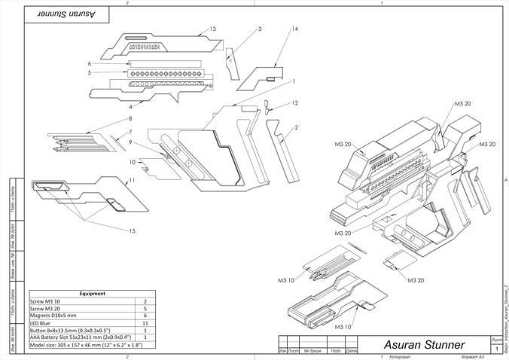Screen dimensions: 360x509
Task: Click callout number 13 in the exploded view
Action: (213, 29)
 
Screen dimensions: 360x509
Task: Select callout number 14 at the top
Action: (294, 29)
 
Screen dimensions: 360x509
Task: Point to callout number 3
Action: (259, 29)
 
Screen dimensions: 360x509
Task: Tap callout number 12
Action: (295, 102)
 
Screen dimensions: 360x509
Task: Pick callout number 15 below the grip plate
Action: (133, 230)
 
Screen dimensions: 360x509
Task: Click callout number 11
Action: (131, 181)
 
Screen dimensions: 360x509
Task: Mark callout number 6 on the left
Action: (90, 63)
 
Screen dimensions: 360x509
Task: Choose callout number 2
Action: (296, 128)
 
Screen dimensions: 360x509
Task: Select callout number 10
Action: (132, 162)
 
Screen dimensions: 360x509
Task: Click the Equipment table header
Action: (92, 294)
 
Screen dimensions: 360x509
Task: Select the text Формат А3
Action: (460, 355)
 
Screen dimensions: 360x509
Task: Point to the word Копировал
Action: (401, 355)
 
